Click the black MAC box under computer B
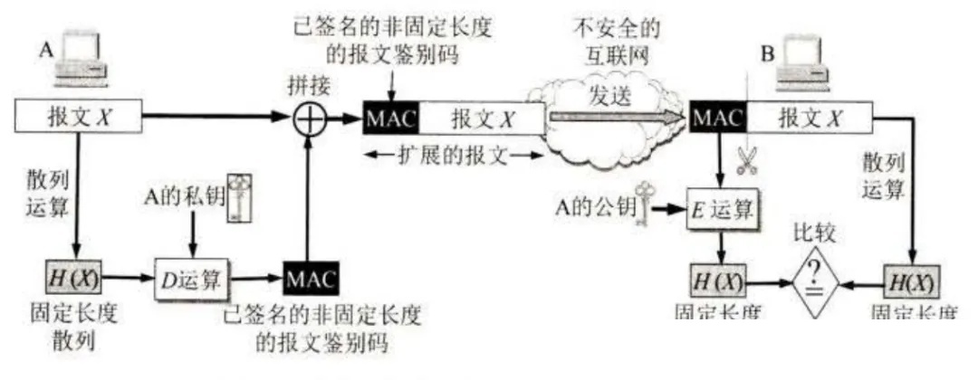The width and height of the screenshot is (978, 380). coord(717,117)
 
